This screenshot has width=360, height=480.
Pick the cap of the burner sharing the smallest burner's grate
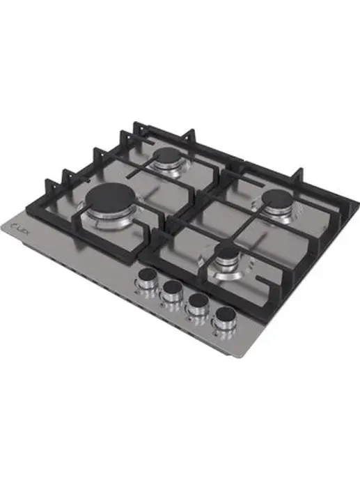tap(272, 196)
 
